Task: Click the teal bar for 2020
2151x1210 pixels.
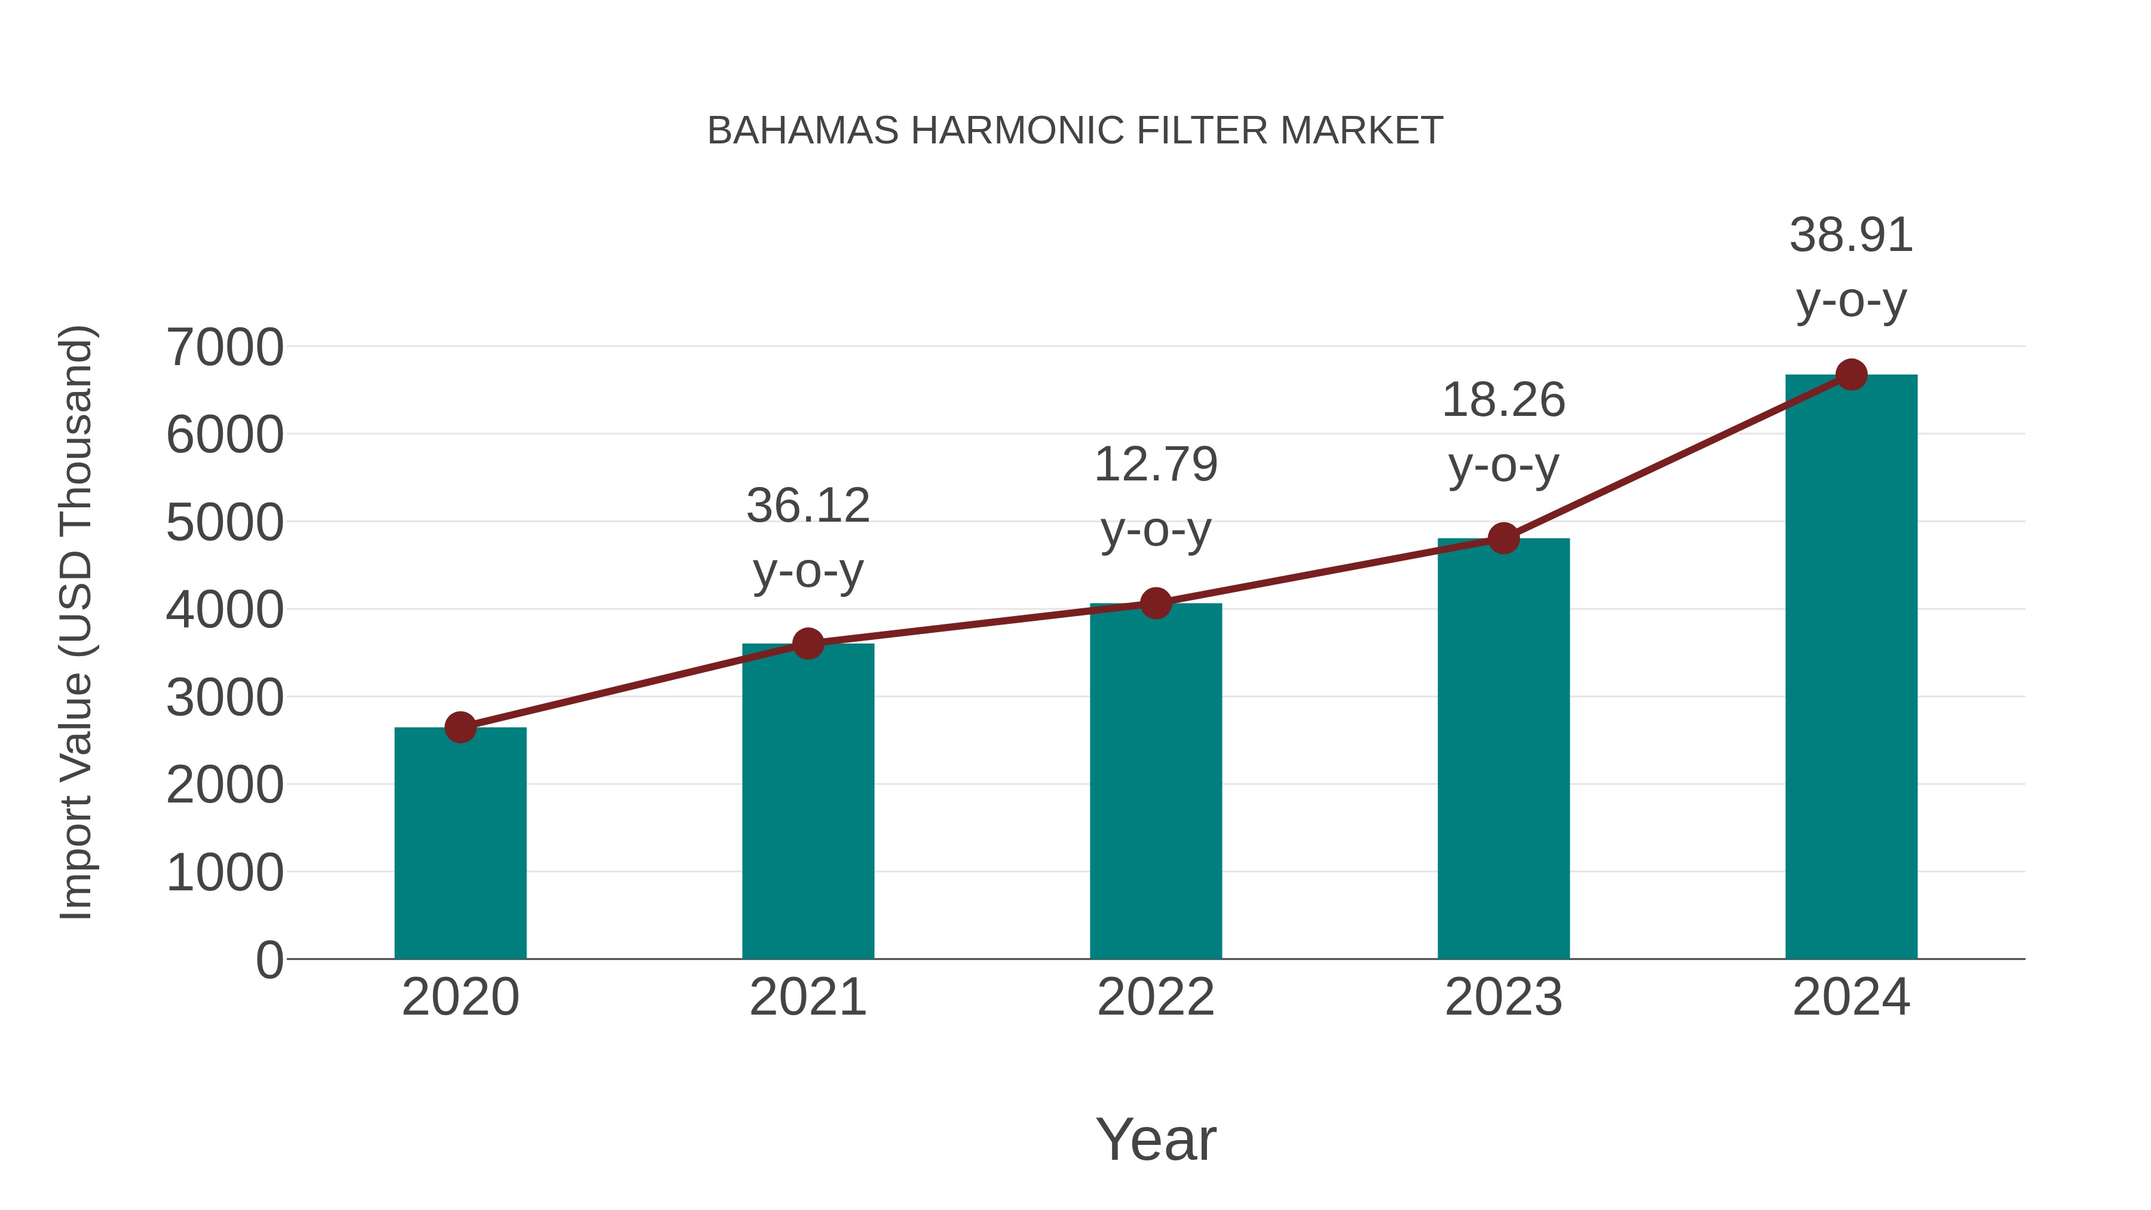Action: (x=460, y=843)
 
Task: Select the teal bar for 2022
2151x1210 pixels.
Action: (x=1156, y=781)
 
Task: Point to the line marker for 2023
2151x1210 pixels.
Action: (x=1503, y=538)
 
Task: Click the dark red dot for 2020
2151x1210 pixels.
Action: (x=460, y=727)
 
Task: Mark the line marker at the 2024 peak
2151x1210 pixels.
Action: (x=1851, y=375)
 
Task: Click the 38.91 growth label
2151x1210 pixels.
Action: (x=1851, y=235)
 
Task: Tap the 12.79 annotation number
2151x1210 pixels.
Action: (x=1156, y=464)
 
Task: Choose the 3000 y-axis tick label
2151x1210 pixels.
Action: (x=225, y=698)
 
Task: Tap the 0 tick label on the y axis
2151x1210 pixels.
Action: (x=269, y=960)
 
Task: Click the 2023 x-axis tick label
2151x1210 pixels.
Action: (x=1503, y=998)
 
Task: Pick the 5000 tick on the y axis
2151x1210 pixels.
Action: (x=225, y=523)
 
